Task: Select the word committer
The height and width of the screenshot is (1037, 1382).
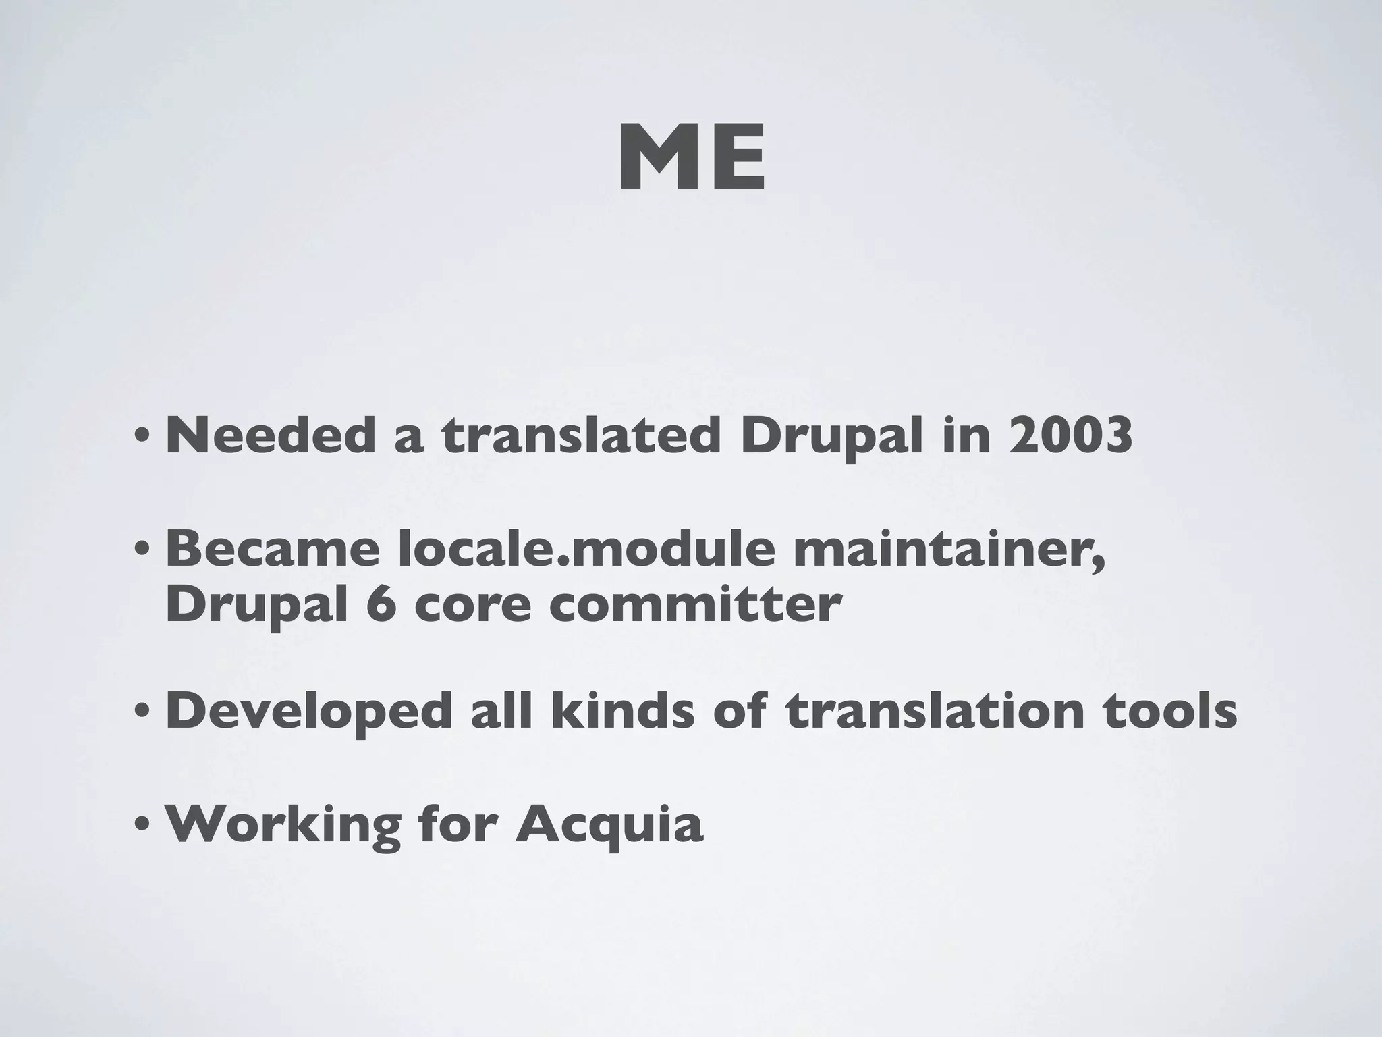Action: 694,605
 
